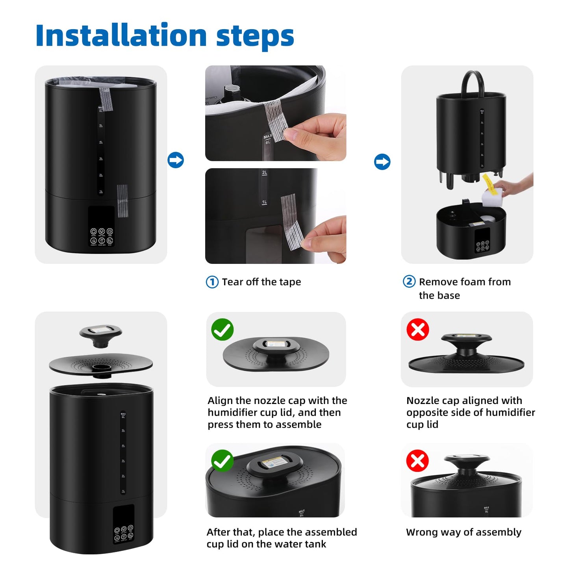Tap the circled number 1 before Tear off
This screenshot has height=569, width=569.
click(212, 282)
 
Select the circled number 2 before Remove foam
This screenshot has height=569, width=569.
click(409, 282)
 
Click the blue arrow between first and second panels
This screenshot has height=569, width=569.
click(176, 160)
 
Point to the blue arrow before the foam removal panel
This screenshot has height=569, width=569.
click(382, 162)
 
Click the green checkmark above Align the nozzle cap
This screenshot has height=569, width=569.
click(222, 330)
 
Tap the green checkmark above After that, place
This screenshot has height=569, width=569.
click(222, 461)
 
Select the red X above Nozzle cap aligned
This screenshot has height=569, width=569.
click(418, 330)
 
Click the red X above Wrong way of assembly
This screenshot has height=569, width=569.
click(417, 461)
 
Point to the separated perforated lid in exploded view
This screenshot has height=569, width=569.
click(101, 365)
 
